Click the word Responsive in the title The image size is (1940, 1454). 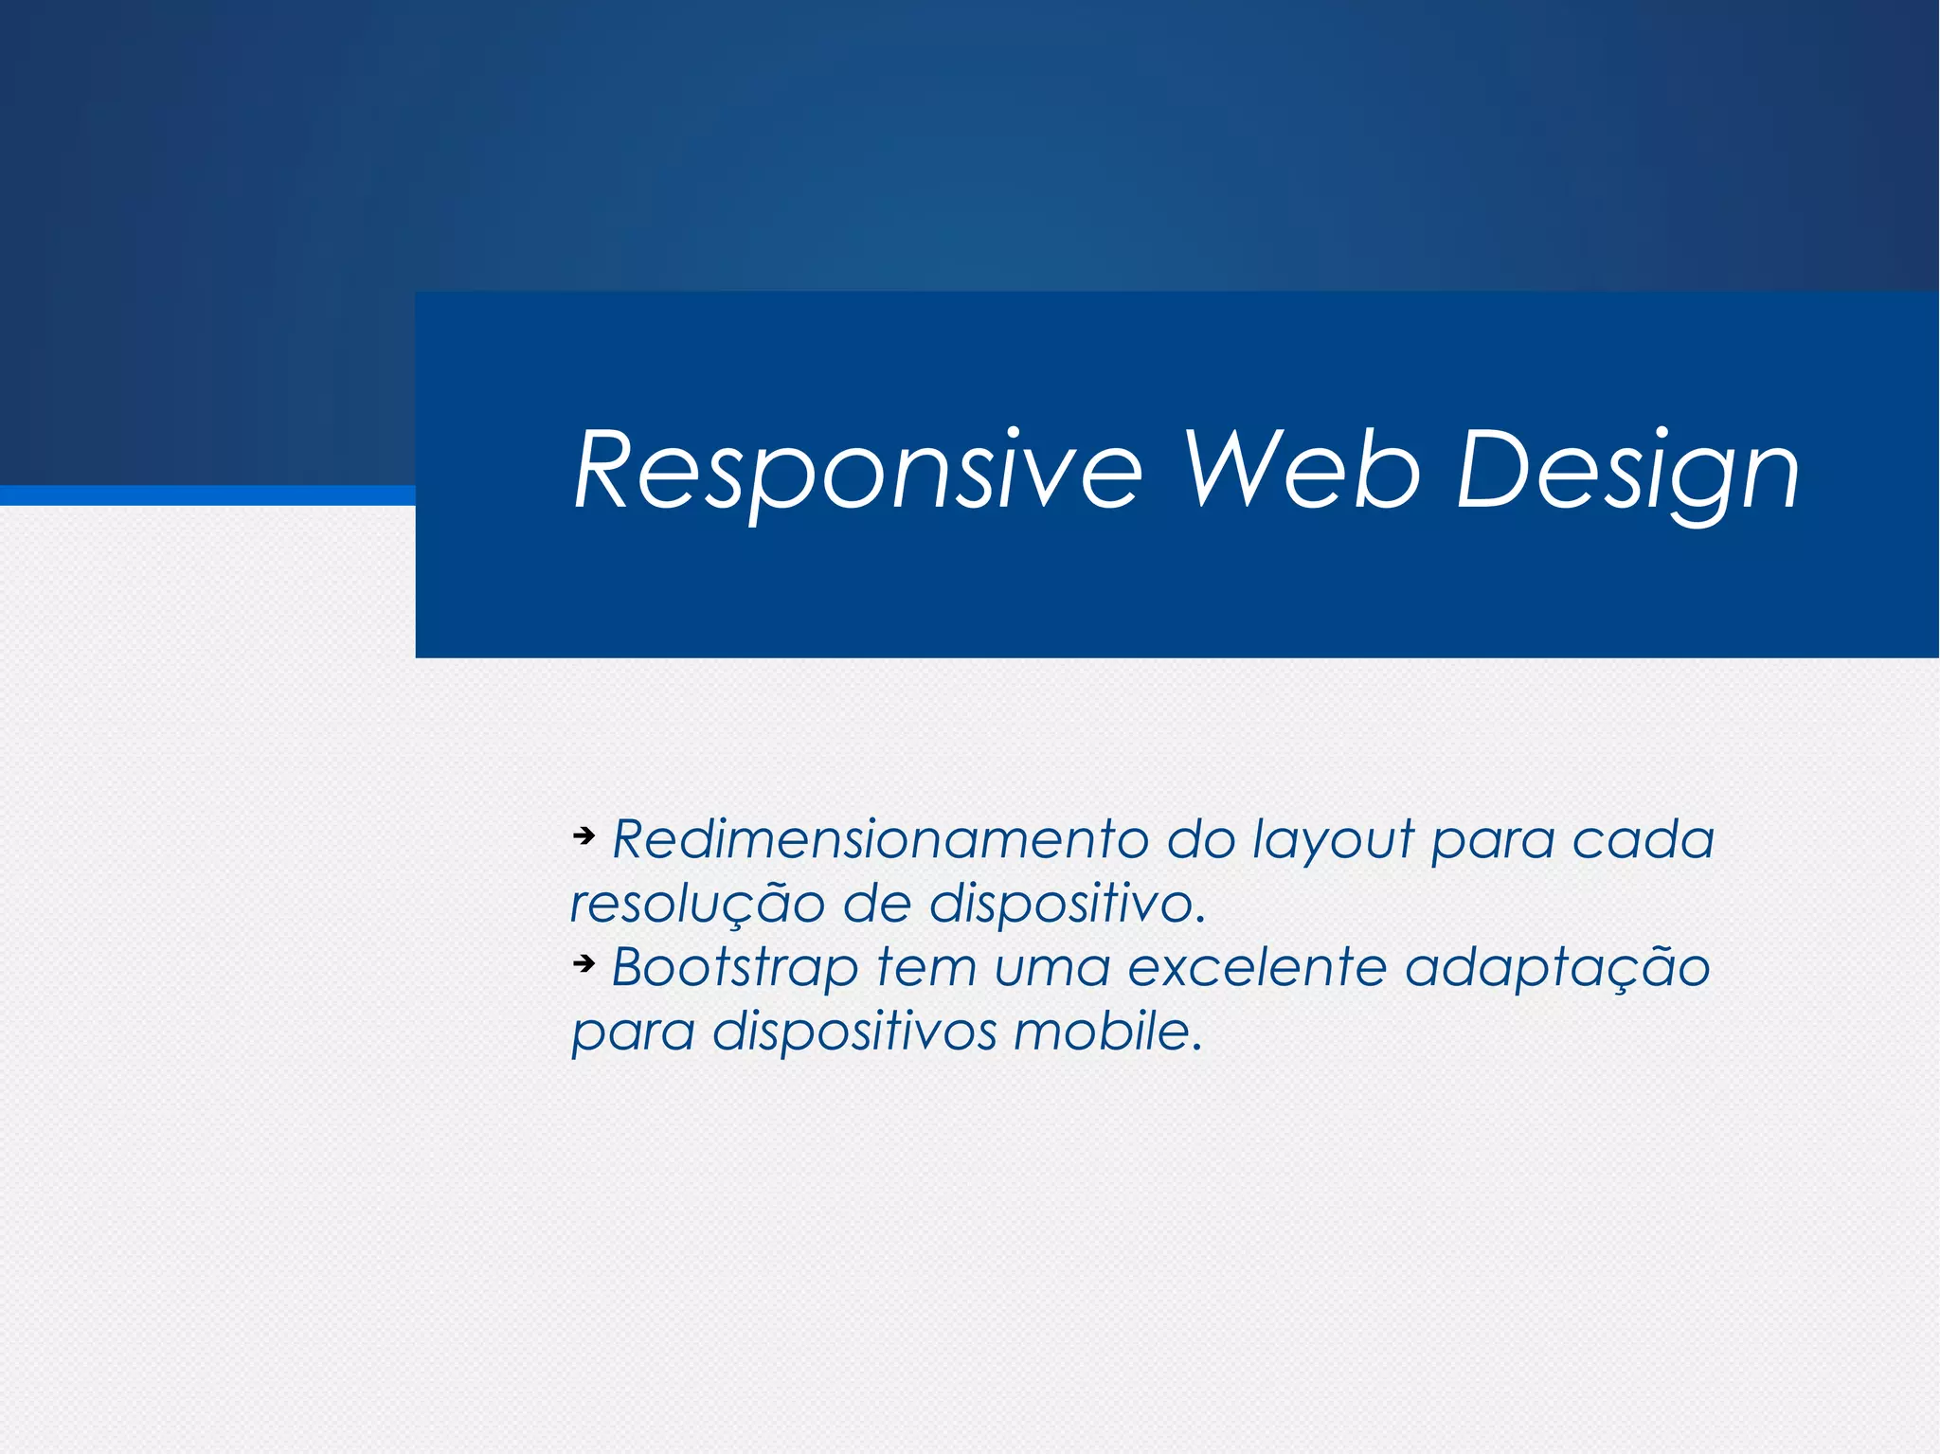pyautogui.click(x=858, y=472)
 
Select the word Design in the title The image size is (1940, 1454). pyautogui.click(x=1627, y=472)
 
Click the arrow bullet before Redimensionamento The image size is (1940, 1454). pyautogui.click(x=584, y=835)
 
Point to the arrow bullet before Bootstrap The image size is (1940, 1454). pyautogui.click(x=584, y=963)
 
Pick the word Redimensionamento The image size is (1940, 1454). pyautogui.click(x=880, y=839)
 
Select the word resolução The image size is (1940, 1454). pyautogui.click(x=697, y=905)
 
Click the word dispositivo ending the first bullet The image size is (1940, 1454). pyautogui.click(x=1067, y=905)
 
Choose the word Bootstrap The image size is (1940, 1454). pyautogui.click(x=735, y=969)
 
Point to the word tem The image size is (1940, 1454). pyautogui.click(x=926, y=968)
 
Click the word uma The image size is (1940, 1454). pyautogui.click(x=1051, y=968)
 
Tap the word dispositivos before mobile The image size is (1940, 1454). pyautogui.click(x=854, y=1032)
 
